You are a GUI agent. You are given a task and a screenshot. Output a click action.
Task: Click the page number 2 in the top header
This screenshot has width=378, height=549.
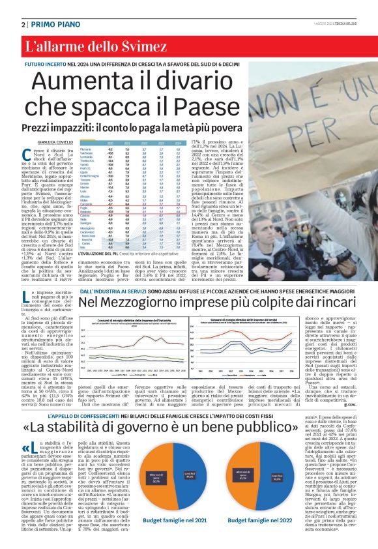point(23,24)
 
